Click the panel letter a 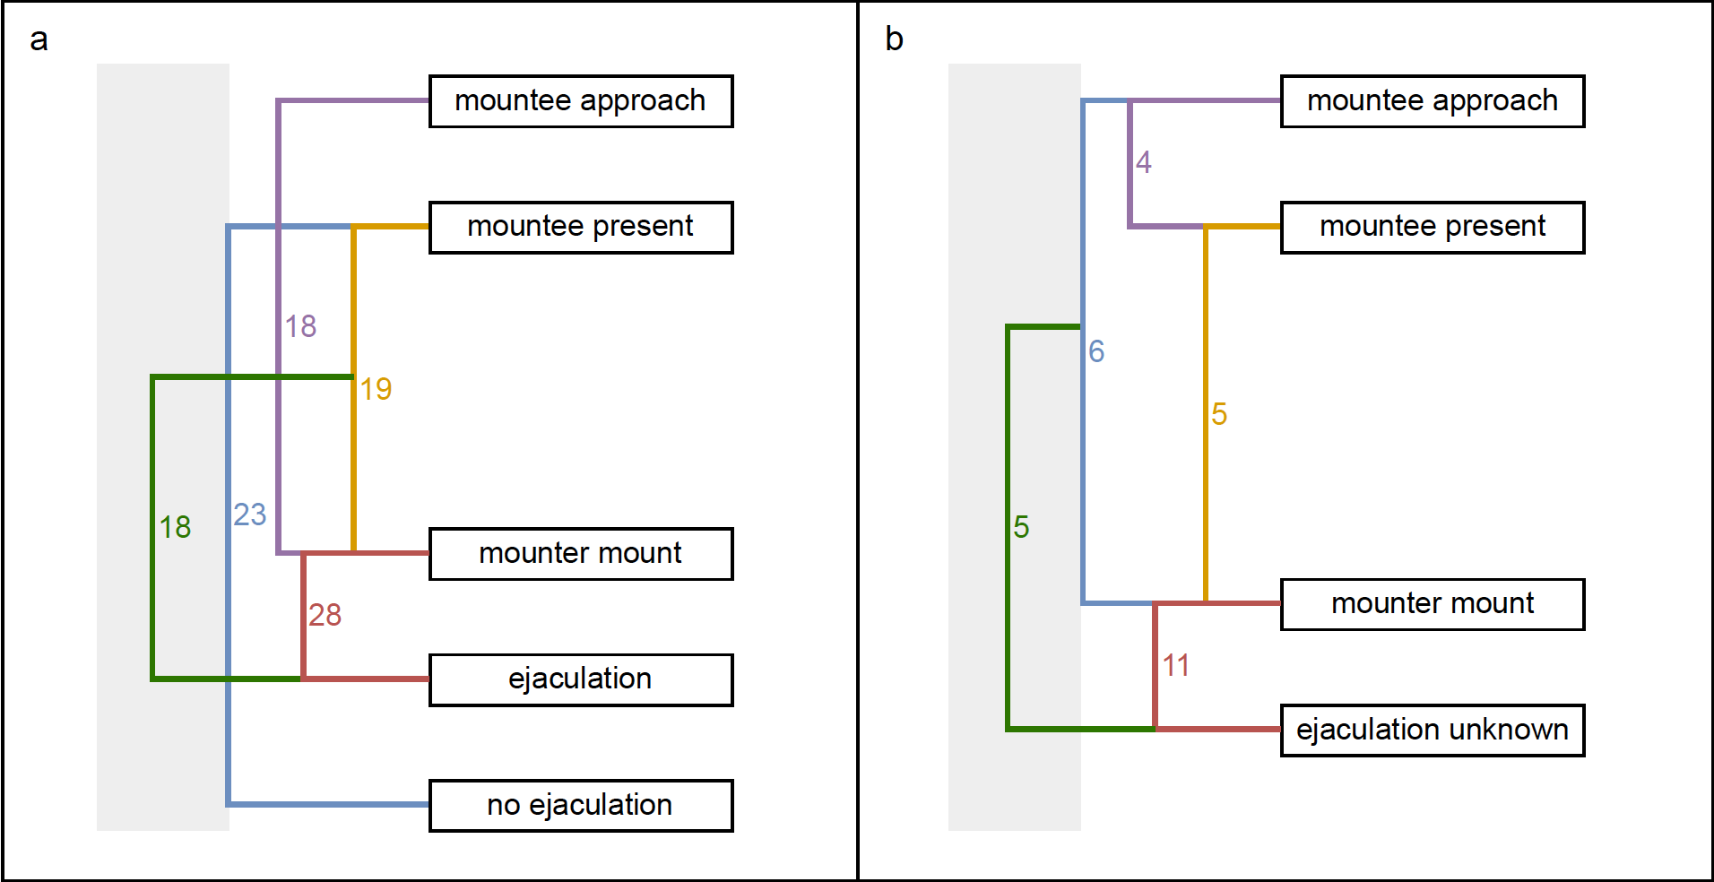pyautogui.click(x=39, y=40)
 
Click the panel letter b pyautogui.click(x=894, y=39)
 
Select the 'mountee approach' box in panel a pyautogui.click(x=581, y=101)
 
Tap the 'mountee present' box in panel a pyautogui.click(x=581, y=228)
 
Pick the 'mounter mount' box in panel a pyautogui.click(x=581, y=554)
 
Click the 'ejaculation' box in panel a pyautogui.click(x=581, y=679)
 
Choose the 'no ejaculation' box pyautogui.click(x=581, y=806)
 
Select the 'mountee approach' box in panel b pyautogui.click(x=1433, y=101)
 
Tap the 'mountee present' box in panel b pyautogui.click(x=1433, y=228)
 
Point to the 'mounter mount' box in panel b pyautogui.click(x=1433, y=604)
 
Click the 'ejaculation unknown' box pyautogui.click(x=1433, y=731)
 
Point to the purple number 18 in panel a pyautogui.click(x=300, y=326)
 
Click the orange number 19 pyautogui.click(x=376, y=389)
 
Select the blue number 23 pyautogui.click(x=250, y=514)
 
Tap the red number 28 pyautogui.click(x=325, y=615)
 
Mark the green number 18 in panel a pyautogui.click(x=175, y=527)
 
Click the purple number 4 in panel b pyautogui.click(x=1144, y=162)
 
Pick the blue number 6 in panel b pyautogui.click(x=1096, y=351)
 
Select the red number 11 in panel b pyautogui.click(x=1176, y=665)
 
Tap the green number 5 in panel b pyautogui.click(x=1021, y=527)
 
